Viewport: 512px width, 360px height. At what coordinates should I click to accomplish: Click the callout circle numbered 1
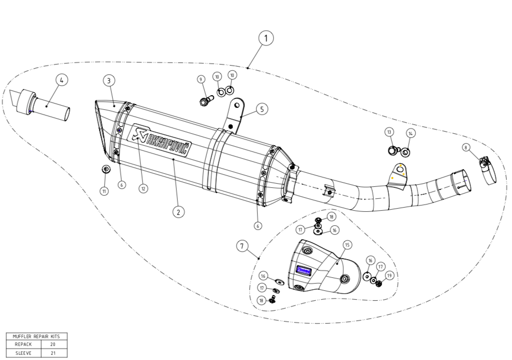click(x=266, y=38)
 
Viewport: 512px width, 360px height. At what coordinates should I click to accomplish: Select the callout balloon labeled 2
click(x=178, y=212)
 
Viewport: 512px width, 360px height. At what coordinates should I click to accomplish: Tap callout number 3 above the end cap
click(x=108, y=80)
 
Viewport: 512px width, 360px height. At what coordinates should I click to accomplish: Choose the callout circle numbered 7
click(x=242, y=246)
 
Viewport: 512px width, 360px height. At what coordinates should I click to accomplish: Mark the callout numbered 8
click(x=466, y=148)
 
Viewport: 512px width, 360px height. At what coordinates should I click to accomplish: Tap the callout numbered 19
click(x=389, y=275)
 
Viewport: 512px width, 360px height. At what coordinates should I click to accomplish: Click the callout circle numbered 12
click(x=143, y=188)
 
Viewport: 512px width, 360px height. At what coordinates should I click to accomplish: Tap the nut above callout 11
click(x=105, y=169)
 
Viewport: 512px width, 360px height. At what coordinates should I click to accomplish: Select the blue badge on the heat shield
click(x=304, y=271)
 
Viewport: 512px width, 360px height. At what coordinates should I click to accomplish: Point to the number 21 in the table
click(x=53, y=353)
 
